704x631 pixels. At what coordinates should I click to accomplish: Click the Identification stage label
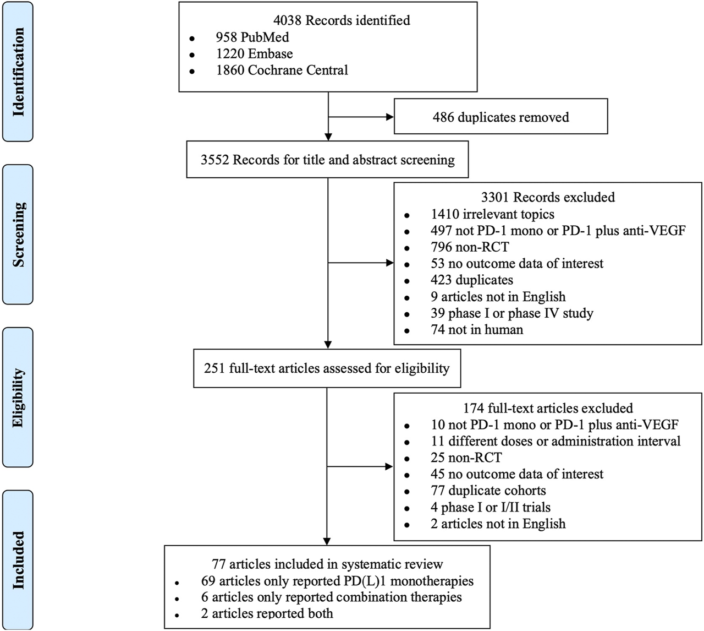coord(18,72)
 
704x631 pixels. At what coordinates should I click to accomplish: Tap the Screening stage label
coord(18,235)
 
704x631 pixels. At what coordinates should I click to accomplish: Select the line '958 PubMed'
coord(252,37)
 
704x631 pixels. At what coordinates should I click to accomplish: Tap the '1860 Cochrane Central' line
coord(282,70)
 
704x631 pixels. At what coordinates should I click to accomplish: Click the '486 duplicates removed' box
coord(501,117)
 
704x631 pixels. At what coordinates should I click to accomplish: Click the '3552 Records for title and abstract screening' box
coord(327,160)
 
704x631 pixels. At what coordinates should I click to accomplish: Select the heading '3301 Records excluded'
coord(548,197)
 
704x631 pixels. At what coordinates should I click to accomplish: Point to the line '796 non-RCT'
coord(470,247)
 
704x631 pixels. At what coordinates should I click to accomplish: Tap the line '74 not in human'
coord(477,329)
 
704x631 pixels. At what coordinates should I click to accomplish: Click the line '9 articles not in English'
coord(498,296)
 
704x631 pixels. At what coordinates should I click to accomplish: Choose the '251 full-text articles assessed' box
coord(327,368)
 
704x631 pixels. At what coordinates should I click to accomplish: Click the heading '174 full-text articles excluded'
coord(548,408)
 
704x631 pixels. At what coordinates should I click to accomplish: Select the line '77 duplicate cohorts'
coord(488,490)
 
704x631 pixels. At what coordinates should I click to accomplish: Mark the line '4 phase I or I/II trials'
coord(490,507)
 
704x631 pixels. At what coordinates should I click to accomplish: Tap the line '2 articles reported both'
coord(267,613)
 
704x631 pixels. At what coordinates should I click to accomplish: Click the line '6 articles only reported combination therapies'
coord(331,597)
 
